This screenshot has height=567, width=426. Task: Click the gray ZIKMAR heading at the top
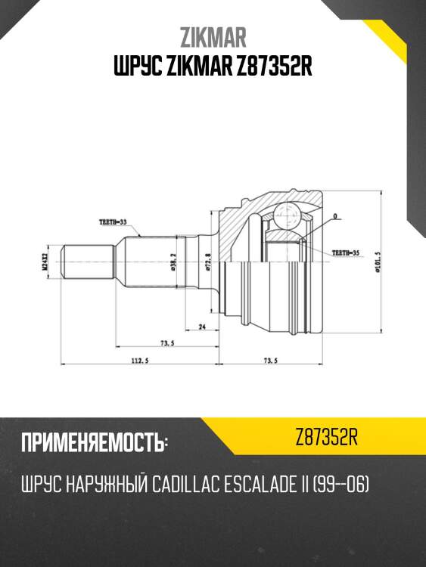(213, 38)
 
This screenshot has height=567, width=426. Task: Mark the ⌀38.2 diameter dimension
(173, 262)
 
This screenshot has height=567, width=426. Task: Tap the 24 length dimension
(202, 327)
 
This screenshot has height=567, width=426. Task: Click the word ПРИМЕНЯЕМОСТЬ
(92, 442)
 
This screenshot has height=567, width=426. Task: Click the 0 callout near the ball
(334, 217)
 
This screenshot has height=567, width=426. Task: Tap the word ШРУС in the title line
(136, 67)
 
